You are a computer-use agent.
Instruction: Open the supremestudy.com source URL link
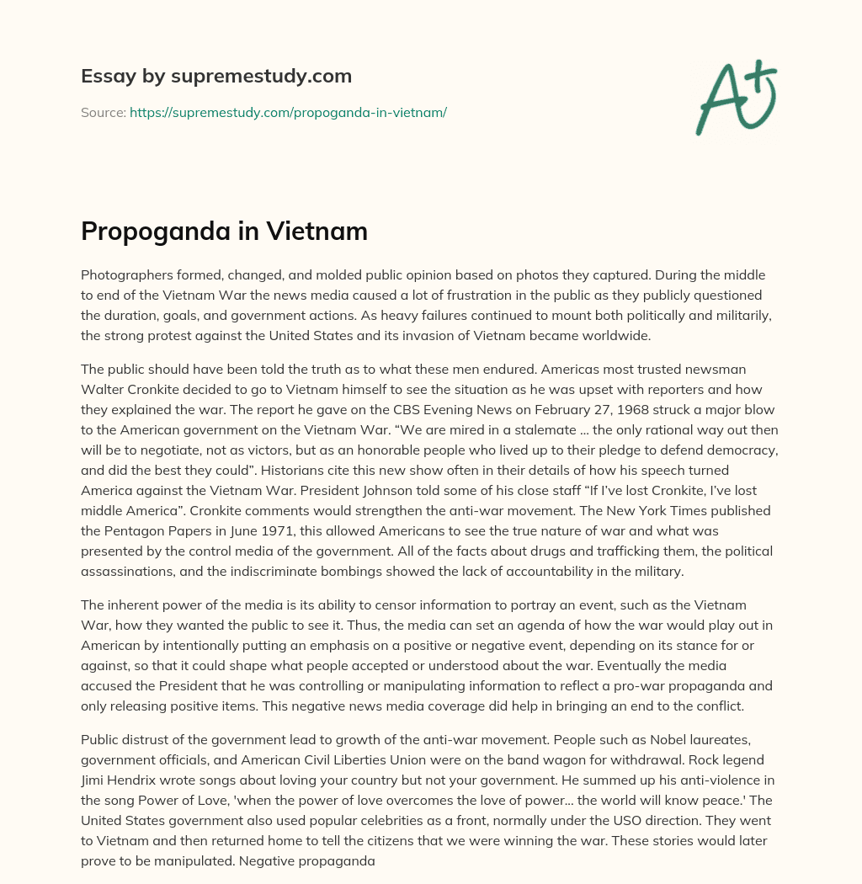(x=288, y=112)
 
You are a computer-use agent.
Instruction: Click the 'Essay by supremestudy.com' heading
(x=216, y=77)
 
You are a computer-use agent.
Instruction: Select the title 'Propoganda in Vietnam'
(x=224, y=232)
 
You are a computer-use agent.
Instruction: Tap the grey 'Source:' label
(x=103, y=112)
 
